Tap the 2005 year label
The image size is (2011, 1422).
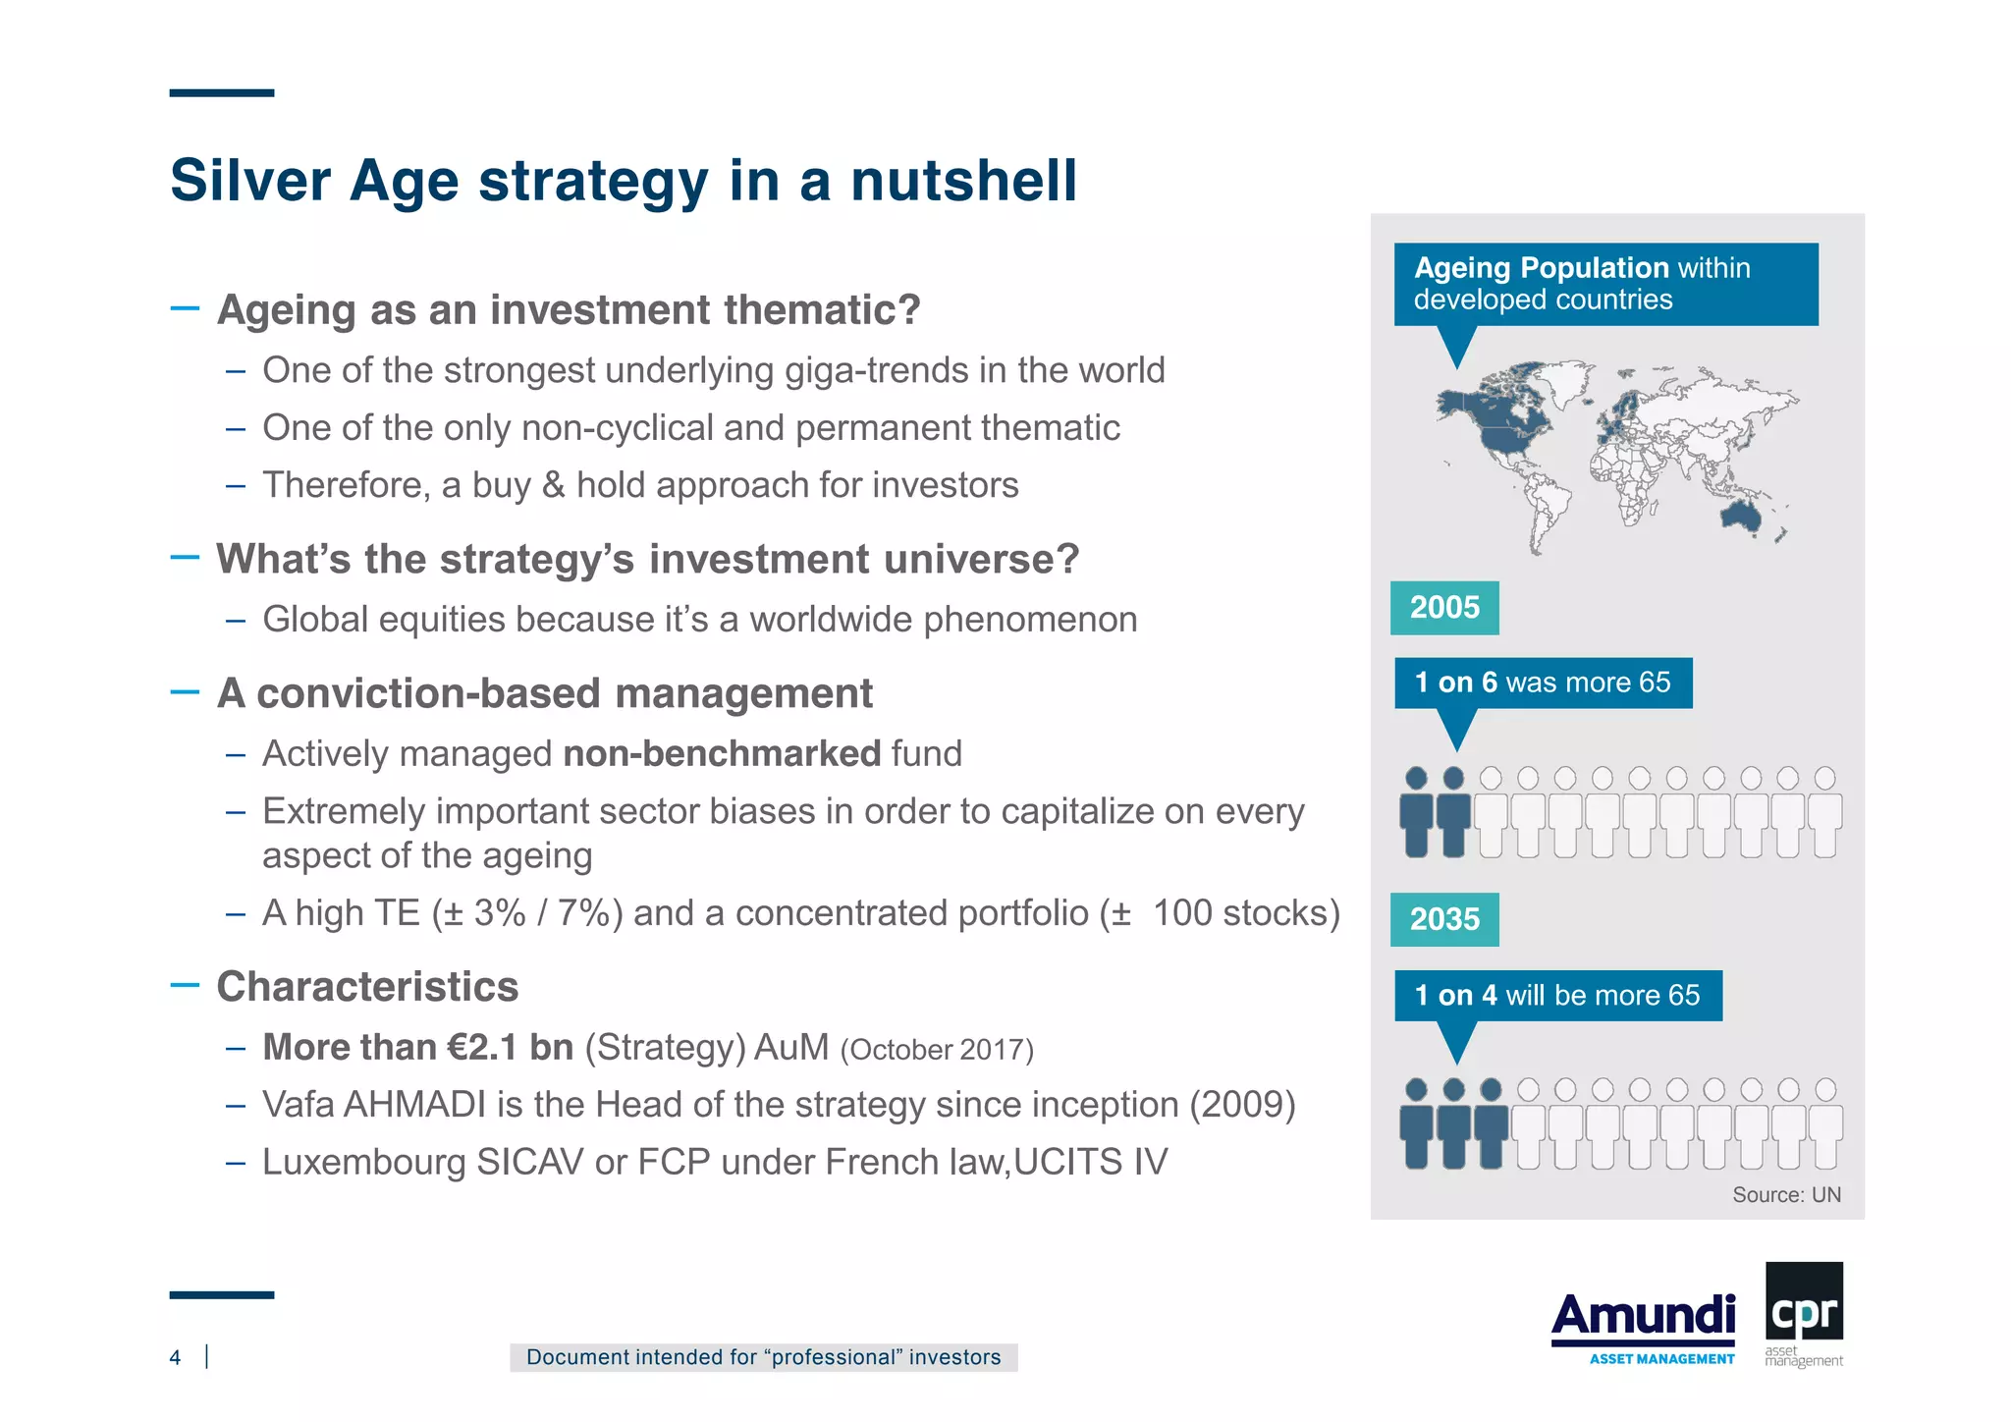[1443, 608]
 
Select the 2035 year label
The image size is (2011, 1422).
[1443, 919]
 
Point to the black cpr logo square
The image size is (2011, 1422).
[1804, 1301]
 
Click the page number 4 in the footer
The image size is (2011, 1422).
[176, 1357]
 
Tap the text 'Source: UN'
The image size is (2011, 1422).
[1785, 1194]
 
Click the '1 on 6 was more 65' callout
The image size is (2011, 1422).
[1543, 683]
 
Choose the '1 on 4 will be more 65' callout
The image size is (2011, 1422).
[1557, 995]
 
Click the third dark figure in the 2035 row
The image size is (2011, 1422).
[1490, 1124]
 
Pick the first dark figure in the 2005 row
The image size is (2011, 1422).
[1416, 813]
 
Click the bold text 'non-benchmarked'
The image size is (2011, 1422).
[722, 754]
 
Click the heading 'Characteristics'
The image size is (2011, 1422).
[367, 987]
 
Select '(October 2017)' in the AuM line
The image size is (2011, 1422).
[937, 1050]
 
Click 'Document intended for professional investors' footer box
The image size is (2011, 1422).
[763, 1357]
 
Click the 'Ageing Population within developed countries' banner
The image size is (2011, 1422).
[1604, 284]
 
